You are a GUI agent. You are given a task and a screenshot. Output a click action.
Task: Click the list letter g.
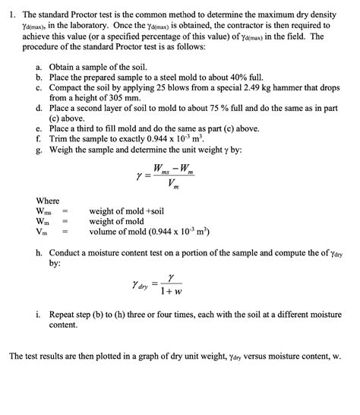tap(39, 150)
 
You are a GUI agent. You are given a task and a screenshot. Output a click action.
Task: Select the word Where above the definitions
tap(48, 200)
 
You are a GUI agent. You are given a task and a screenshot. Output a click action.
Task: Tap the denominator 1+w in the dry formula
tap(173, 291)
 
